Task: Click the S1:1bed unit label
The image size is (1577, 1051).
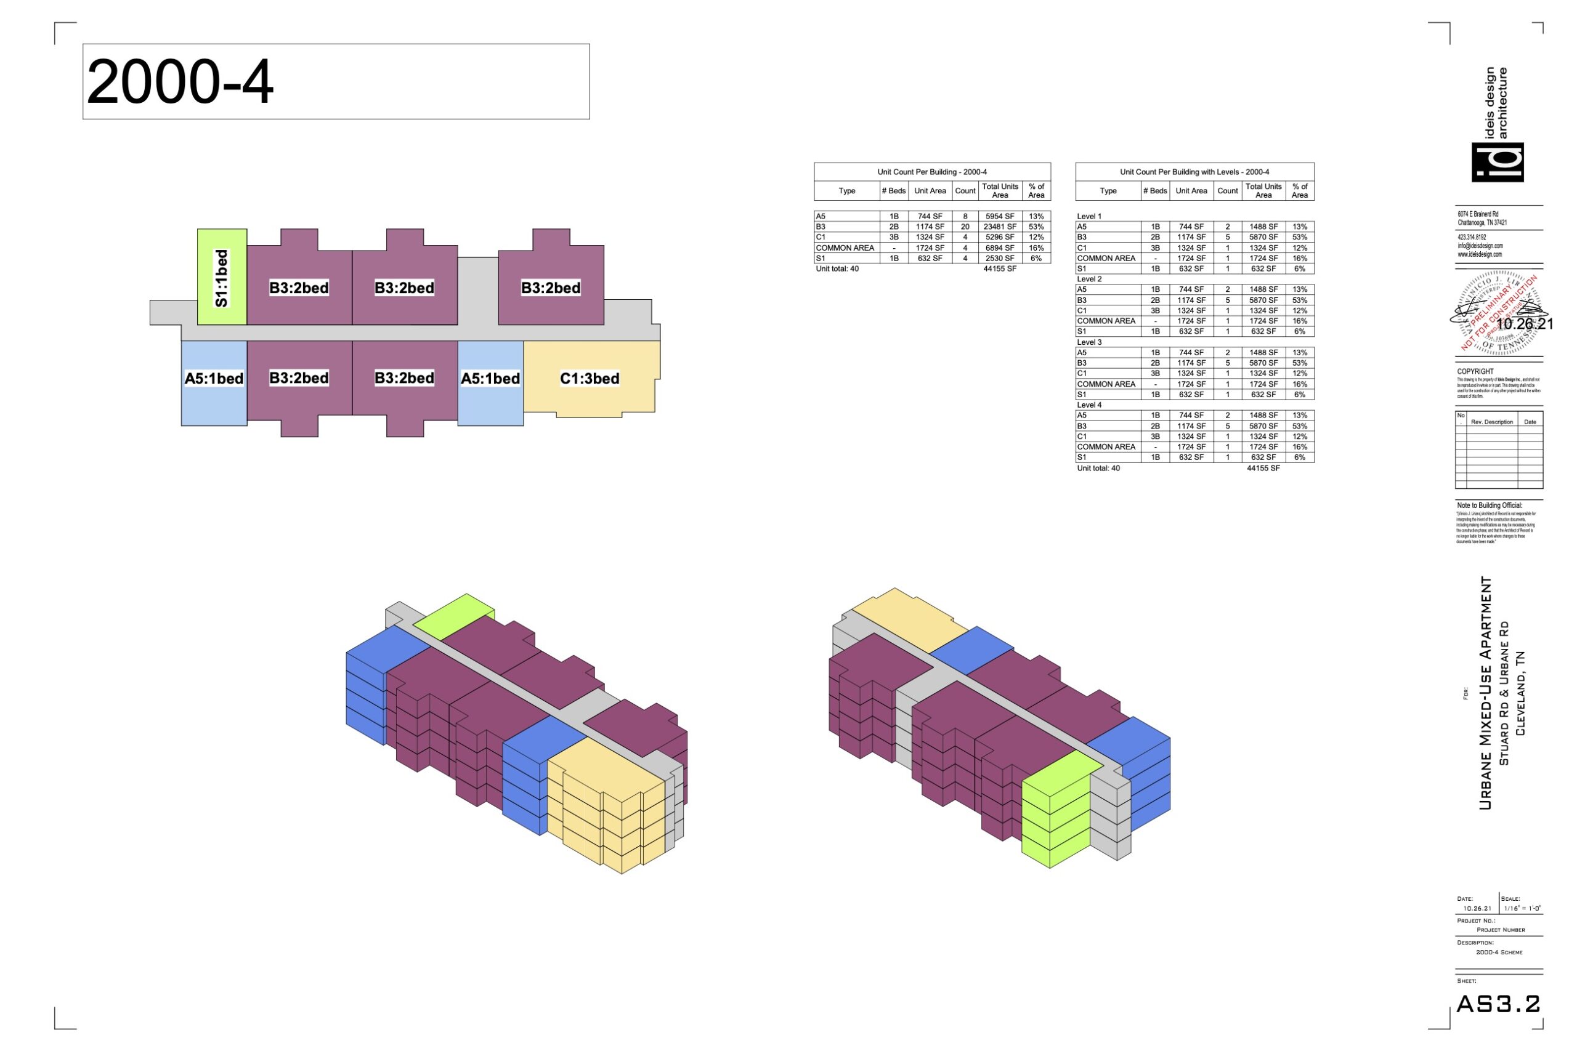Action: click(221, 278)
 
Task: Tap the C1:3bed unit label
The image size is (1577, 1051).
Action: click(590, 379)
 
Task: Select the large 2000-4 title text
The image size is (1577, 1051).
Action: click(180, 82)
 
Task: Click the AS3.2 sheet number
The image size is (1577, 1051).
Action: click(1499, 1004)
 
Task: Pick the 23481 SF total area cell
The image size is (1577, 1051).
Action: click(1000, 227)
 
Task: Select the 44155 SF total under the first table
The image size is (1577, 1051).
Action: click(1000, 269)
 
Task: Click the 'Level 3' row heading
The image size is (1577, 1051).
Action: click(1089, 342)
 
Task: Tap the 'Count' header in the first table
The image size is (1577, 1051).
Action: click(965, 191)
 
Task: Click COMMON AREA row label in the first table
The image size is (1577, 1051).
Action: click(845, 248)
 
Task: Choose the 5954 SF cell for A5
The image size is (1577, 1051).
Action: click(1000, 217)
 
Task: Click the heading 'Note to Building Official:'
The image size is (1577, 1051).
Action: click(1489, 505)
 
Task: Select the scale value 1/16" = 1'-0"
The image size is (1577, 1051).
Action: click(1522, 909)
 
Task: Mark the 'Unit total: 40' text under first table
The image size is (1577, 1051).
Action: click(837, 269)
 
